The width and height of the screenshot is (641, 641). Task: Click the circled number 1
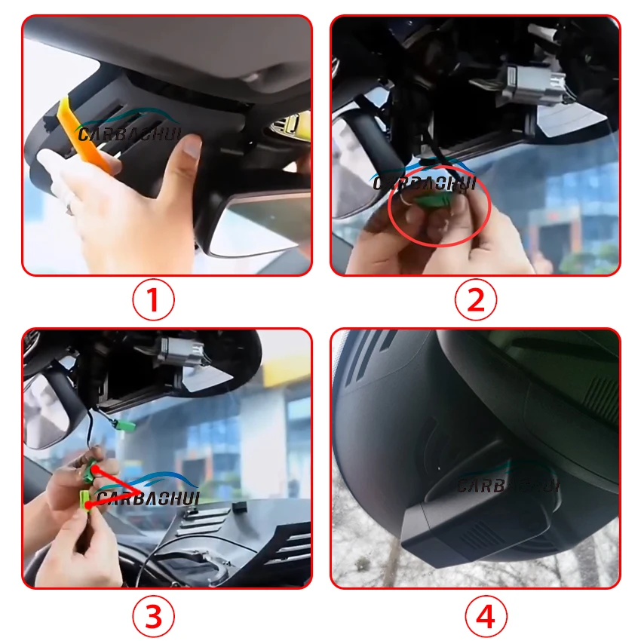point(153,299)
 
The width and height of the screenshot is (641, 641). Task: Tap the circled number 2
point(475,299)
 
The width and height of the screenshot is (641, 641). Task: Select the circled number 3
point(153,616)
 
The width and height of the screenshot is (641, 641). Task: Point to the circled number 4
point(486,616)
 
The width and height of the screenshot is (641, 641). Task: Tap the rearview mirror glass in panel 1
point(262,225)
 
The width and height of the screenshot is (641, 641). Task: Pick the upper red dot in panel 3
point(94,469)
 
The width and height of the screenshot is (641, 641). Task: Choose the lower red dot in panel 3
point(88,505)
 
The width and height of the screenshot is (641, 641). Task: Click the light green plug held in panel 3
point(85,501)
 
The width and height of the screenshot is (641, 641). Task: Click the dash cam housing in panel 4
point(478,519)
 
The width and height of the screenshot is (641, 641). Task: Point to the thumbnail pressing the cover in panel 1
point(192,146)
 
